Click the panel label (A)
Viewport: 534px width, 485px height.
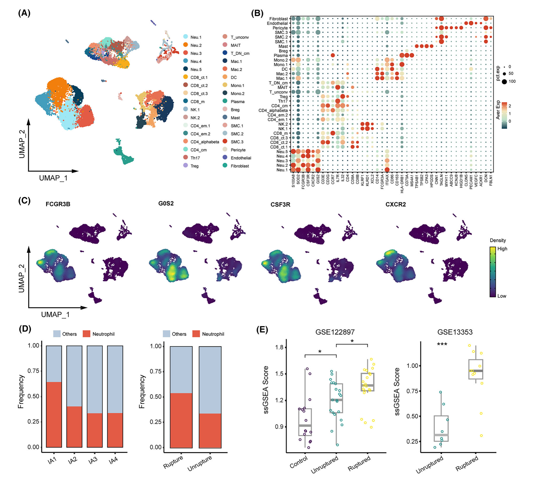[x=24, y=13]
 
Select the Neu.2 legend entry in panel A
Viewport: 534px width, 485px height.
[x=196, y=45]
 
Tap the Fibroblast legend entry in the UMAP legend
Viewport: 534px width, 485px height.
[x=239, y=166]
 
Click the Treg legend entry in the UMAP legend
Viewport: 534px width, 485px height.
[x=194, y=166]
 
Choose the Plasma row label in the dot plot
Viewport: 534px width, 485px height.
[x=281, y=56]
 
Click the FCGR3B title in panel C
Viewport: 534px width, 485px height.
[x=58, y=204]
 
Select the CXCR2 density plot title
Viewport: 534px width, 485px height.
[x=395, y=204]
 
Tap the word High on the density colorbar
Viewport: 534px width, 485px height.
[x=502, y=249]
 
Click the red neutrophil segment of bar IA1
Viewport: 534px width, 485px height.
[x=54, y=414]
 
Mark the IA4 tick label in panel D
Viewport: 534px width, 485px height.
[x=114, y=461]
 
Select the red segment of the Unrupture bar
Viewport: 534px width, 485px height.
[x=210, y=430]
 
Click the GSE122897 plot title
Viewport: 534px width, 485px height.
[x=335, y=332]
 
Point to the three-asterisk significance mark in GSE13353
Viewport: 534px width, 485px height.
[x=442, y=344]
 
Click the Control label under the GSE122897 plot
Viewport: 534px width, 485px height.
[x=299, y=462]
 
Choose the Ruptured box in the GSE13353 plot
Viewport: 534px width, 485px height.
[x=476, y=369]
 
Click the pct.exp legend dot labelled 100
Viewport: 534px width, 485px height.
[x=504, y=82]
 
